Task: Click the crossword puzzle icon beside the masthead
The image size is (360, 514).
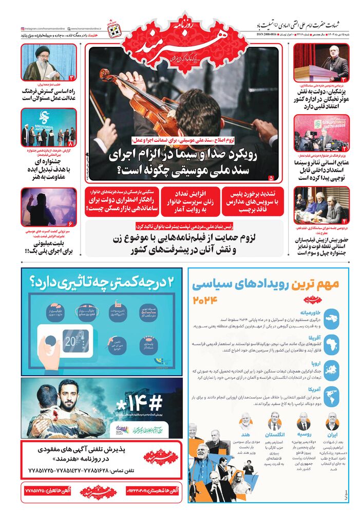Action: (113, 30)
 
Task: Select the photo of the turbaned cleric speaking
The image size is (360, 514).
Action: (49, 62)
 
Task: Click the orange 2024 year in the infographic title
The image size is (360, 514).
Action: (205, 300)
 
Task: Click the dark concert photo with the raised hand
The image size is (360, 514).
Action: (49, 206)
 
